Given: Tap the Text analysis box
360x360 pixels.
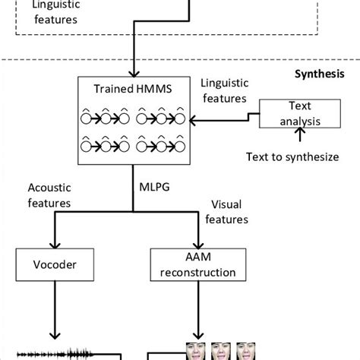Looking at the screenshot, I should (x=290, y=113).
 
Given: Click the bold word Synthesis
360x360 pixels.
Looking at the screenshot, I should (x=320, y=74).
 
